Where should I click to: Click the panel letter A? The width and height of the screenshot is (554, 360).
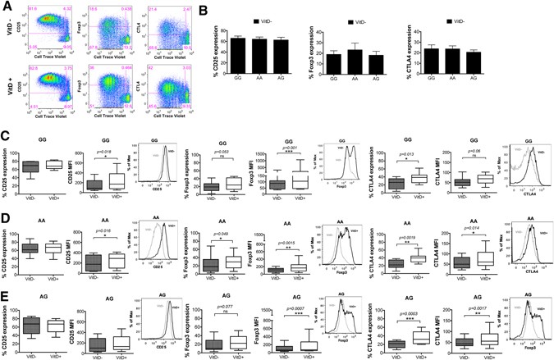click(6, 6)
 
